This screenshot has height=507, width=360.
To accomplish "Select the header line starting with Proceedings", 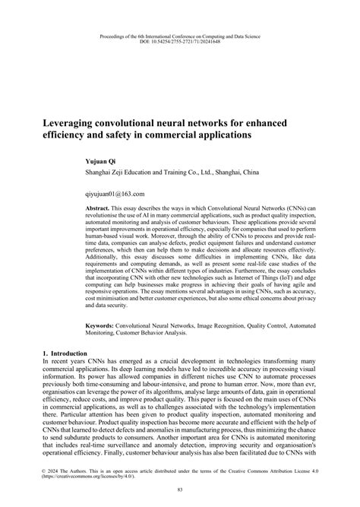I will coord(180,35).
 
